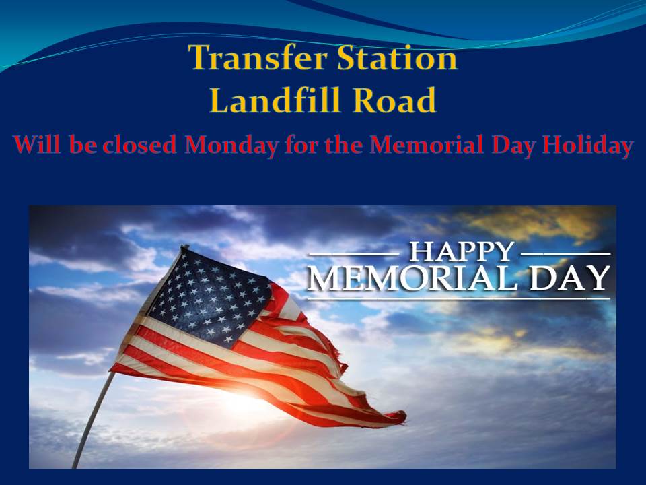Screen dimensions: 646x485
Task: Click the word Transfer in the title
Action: tap(258, 57)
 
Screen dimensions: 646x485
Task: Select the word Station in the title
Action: tap(398, 57)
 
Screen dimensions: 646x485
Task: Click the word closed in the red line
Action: tap(140, 145)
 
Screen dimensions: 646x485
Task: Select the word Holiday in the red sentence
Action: tap(587, 145)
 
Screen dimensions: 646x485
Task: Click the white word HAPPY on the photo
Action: tap(462, 252)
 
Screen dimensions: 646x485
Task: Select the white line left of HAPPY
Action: tap(354, 254)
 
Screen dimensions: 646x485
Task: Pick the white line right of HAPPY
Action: tap(565, 254)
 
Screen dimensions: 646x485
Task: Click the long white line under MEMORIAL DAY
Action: tap(458, 298)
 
